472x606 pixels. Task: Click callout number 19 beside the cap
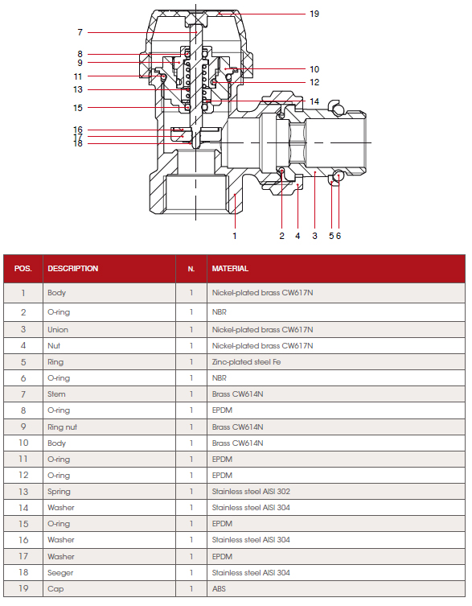tap(314, 14)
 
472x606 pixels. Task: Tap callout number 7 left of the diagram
tap(80, 32)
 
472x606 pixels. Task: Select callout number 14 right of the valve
tap(314, 101)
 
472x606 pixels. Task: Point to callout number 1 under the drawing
tap(235, 236)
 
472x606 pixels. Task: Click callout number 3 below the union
tap(314, 236)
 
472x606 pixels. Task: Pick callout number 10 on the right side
tap(314, 69)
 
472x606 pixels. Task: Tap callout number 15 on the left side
tap(78, 108)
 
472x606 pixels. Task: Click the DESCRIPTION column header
tap(72, 269)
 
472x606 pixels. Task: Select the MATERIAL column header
tap(230, 269)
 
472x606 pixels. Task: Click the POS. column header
tap(23, 269)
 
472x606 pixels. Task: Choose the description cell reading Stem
tap(56, 394)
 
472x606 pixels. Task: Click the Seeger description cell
tap(60, 573)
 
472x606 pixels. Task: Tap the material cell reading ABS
tap(219, 588)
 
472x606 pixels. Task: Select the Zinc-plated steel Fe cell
tap(246, 362)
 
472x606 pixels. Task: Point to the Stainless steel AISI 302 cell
tap(251, 492)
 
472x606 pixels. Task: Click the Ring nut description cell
tap(62, 427)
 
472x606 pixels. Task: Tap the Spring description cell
tap(59, 492)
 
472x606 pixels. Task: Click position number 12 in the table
tap(23, 475)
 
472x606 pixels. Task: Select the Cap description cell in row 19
tap(55, 589)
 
